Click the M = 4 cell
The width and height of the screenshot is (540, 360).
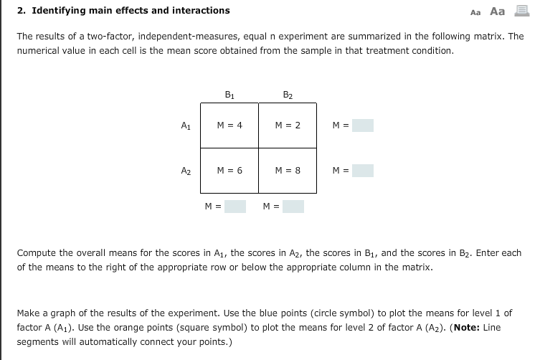pyautogui.click(x=229, y=125)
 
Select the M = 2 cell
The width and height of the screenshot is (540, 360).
pyautogui.click(x=287, y=125)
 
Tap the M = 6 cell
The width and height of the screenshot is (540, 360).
pyautogui.click(x=229, y=171)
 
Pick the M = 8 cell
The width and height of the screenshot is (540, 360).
pyautogui.click(x=287, y=171)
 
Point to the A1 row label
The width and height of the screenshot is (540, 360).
pyautogui.click(x=185, y=125)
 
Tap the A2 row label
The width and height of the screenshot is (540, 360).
pyautogui.click(x=185, y=171)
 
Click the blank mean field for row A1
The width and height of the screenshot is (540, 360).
pyautogui.click(x=362, y=125)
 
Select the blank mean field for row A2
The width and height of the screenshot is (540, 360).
pyautogui.click(x=362, y=171)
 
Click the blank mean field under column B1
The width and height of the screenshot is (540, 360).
pyautogui.click(x=235, y=207)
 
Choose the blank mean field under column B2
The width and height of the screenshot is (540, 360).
pyautogui.click(x=293, y=207)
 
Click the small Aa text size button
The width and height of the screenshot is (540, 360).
pyautogui.click(x=475, y=12)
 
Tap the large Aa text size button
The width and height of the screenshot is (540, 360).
pyautogui.click(x=497, y=11)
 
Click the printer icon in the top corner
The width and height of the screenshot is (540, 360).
pyautogui.click(x=521, y=11)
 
